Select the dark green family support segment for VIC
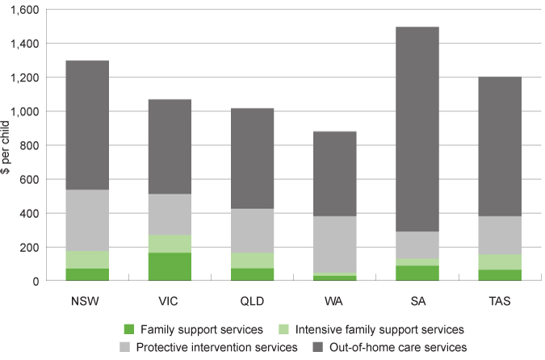(x=170, y=266)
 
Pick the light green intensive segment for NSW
(x=88, y=259)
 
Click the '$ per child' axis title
(x=6, y=145)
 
